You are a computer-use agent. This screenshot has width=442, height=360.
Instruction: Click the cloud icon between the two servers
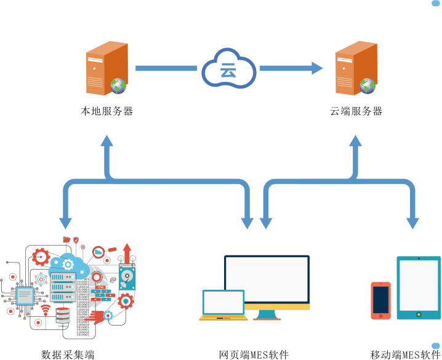[x=228, y=69]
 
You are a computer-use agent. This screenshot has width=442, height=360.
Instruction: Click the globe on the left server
[x=118, y=86]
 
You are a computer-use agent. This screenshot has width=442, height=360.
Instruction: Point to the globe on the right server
[x=368, y=86]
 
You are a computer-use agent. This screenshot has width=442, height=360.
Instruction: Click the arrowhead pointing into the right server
[x=317, y=68]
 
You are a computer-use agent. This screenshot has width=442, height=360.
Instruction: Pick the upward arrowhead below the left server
[x=107, y=141]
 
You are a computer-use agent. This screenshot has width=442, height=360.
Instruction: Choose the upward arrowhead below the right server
[x=356, y=141]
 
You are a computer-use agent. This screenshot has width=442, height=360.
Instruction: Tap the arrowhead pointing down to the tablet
[x=412, y=223]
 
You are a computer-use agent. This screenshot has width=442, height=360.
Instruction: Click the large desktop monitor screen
[x=267, y=279]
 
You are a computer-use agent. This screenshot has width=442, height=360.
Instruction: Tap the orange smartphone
[x=380, y=300]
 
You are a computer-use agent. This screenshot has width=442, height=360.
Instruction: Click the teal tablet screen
[x=419, y=285]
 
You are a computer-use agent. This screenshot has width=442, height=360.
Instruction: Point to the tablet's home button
[x=419, y=314]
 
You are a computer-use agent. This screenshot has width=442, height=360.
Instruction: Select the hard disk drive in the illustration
[x=127, y=278]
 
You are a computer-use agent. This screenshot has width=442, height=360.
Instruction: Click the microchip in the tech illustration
[x=25, y=296]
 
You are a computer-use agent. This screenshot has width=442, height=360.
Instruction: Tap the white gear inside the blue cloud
[x=67, y=265]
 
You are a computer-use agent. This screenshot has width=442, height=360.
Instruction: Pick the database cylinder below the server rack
[x=63, y=315]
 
